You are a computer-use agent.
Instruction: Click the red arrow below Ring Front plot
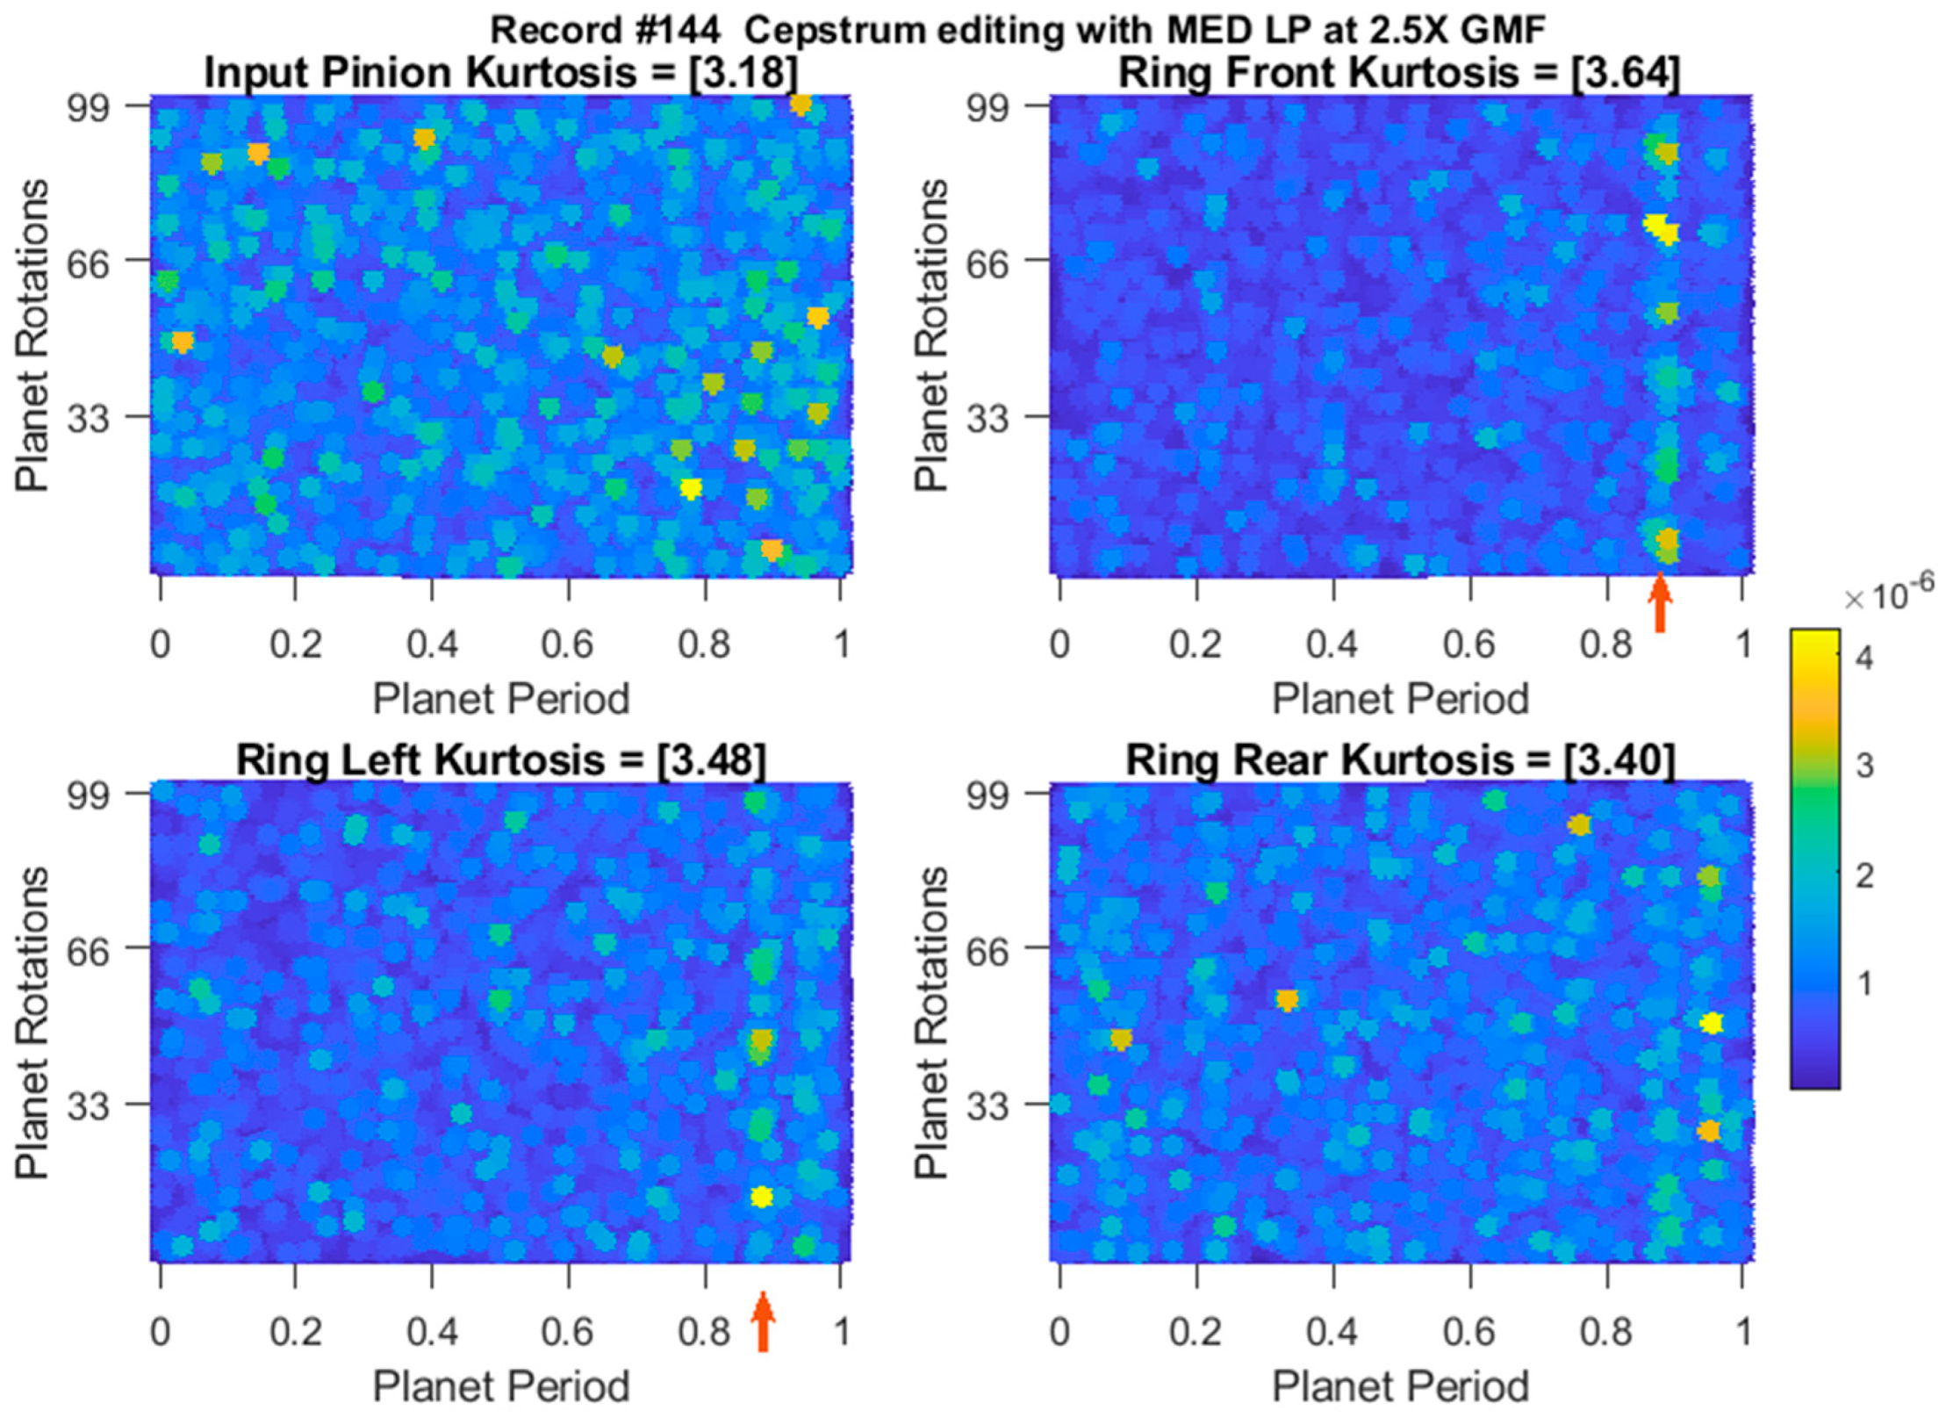tap(1658, 603)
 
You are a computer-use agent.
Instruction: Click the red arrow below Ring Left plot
tap(762, 1321)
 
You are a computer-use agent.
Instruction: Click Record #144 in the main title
tap(605, 30)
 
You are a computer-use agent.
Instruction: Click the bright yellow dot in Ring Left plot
tap(761, 1197)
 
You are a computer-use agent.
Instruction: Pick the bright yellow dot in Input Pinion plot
tap(691, 488)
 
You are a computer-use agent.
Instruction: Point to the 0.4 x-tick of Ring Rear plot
tap(1332, 1332)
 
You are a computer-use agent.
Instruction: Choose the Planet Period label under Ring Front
tap(1400, 700)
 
